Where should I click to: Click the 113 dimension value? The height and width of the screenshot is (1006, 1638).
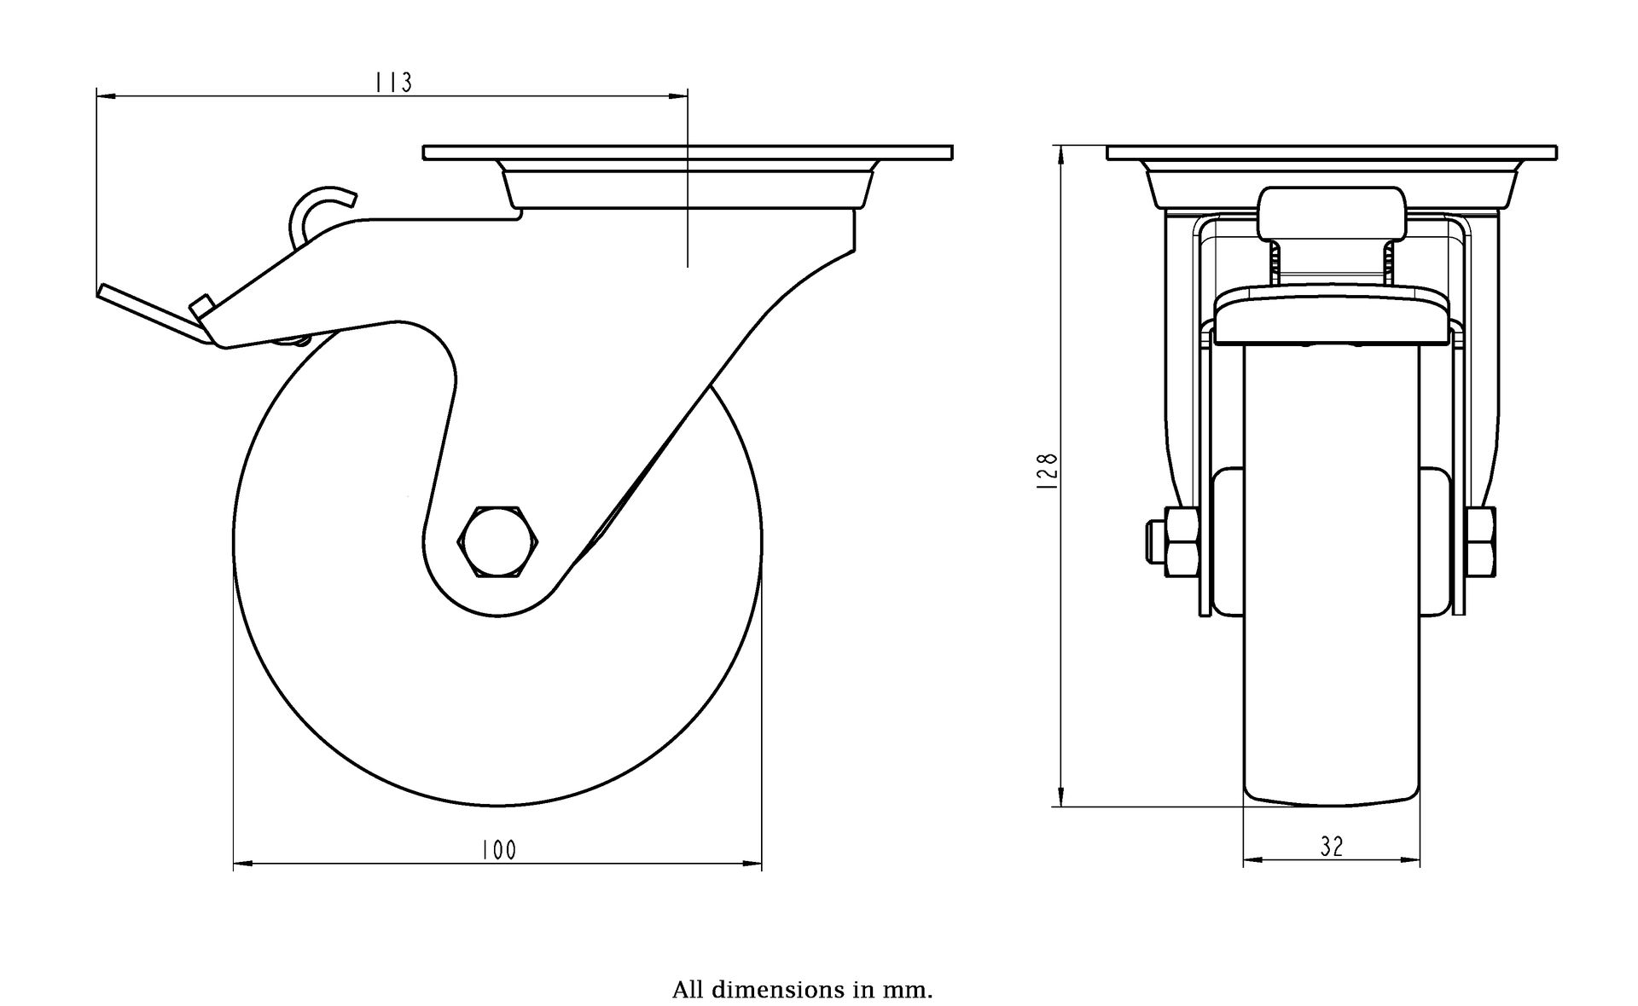393,82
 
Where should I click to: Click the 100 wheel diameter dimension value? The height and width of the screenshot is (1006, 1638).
498,850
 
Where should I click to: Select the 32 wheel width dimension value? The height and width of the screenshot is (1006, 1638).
1331,846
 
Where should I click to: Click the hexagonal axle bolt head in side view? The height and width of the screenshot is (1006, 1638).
498,542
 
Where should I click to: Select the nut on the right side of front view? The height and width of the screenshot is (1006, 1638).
1483,541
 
